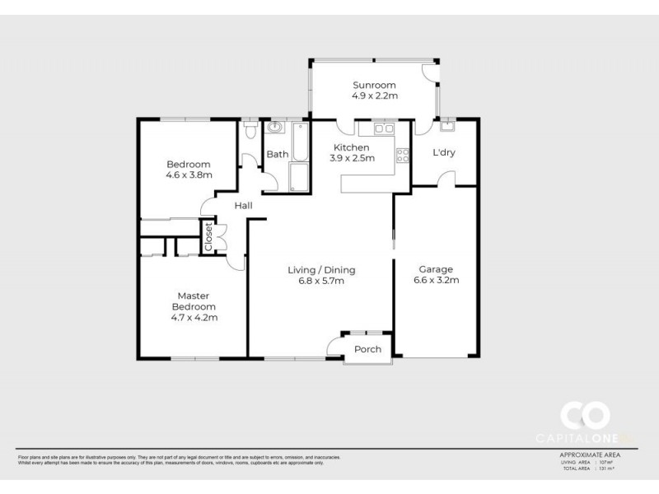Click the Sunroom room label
375,85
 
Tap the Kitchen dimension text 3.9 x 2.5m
352,158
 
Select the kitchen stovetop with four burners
403,155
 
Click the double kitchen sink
383,128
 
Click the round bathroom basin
274,129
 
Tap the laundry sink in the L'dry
447,127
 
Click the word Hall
242,206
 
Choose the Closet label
209,237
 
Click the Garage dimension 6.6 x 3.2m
436,280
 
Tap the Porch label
367,349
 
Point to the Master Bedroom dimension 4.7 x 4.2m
194,317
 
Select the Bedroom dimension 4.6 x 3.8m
189,175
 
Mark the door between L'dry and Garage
445,179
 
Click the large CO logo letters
585,415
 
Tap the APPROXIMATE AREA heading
590,454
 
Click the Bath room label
277,154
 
